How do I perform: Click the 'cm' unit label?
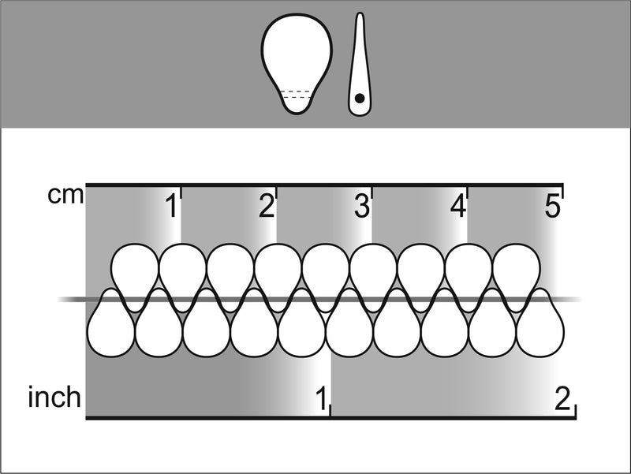pos(65,196)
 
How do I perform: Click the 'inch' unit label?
pos(54,397)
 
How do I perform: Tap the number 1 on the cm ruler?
pos(172,207)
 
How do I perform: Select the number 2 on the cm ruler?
pos(267,207)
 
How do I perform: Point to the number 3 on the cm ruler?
pos(362,207)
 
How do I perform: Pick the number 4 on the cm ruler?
pos(457,207)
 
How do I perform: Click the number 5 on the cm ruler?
pos(553,207)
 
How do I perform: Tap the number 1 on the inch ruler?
pos(321,398)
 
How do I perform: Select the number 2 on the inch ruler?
pos(562,398)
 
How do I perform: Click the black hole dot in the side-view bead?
pos(360,98)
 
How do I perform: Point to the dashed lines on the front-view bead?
pos(297,95)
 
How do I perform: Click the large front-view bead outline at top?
pos(297,64)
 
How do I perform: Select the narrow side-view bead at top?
pos(360,65)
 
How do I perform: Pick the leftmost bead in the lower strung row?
pos(111,323)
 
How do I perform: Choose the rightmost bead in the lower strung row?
pos(540,323)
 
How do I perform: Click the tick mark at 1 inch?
pos(330,410)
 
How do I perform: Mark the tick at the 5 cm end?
pos(562,191)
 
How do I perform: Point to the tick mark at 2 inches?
pos(576,410)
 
